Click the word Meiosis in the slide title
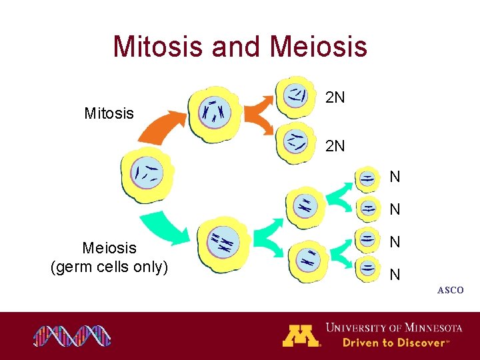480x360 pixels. (x=319, y=47)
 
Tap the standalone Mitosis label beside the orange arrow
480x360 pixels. (x=109, y=113)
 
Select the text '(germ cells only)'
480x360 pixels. (x=109, y=267)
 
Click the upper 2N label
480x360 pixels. (x=335, y=98)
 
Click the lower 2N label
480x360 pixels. (x=335, y=145)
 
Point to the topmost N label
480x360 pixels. (x=395, y=177)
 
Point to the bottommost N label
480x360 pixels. (x=395, y=274)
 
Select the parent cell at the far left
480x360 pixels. (x=146, y=173)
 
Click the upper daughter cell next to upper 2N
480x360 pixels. (x=295, y=94)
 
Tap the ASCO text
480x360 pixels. (x=451, y=290)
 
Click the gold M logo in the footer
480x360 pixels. (x=301, y=335)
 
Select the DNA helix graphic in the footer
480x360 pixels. (x=73, y=336)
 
